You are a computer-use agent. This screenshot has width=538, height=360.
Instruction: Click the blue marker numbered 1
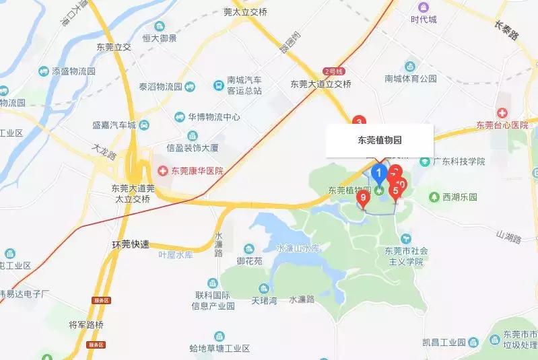[379, 174]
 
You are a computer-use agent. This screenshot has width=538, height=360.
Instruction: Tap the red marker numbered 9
[364, 198]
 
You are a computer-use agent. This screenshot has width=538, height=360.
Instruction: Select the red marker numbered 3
[359, 121]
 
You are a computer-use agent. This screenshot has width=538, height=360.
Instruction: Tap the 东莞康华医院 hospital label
[195, 171]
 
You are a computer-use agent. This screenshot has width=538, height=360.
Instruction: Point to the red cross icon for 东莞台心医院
[502, 112]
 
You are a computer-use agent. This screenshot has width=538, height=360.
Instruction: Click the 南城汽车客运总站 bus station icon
[219, 85]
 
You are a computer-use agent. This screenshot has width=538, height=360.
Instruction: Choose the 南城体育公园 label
[411, 79]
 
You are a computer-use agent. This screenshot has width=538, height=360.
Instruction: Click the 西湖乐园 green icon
[434, 197]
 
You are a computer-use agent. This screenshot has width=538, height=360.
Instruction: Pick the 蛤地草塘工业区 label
[220, 349]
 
